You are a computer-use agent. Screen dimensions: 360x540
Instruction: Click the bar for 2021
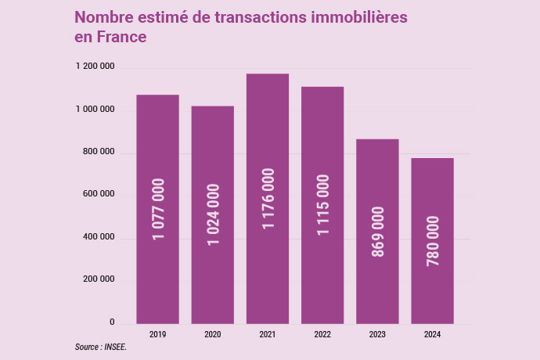[x=268, y=198]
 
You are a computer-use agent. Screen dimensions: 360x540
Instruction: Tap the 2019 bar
[x=157, y=209]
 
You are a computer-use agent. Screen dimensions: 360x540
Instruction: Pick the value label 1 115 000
[x=322, y=205]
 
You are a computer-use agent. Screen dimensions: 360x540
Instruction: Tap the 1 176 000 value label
[x=268, y=199]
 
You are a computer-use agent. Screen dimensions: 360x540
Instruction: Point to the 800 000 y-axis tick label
[x=99, y=152]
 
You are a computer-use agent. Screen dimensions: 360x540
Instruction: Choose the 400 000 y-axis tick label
[x=99, y=237]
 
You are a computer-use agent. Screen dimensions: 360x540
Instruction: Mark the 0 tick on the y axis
[x=112, y=322]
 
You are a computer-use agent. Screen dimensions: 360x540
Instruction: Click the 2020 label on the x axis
[x=213, y=334]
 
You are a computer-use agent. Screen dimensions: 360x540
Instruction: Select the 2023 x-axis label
[x=377, y=334]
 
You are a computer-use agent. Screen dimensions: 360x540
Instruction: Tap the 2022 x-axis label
[x=322, y=334]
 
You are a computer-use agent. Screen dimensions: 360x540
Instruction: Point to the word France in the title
[x=121, y=36]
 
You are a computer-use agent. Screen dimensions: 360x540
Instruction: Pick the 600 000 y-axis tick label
[x=99, y=194]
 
